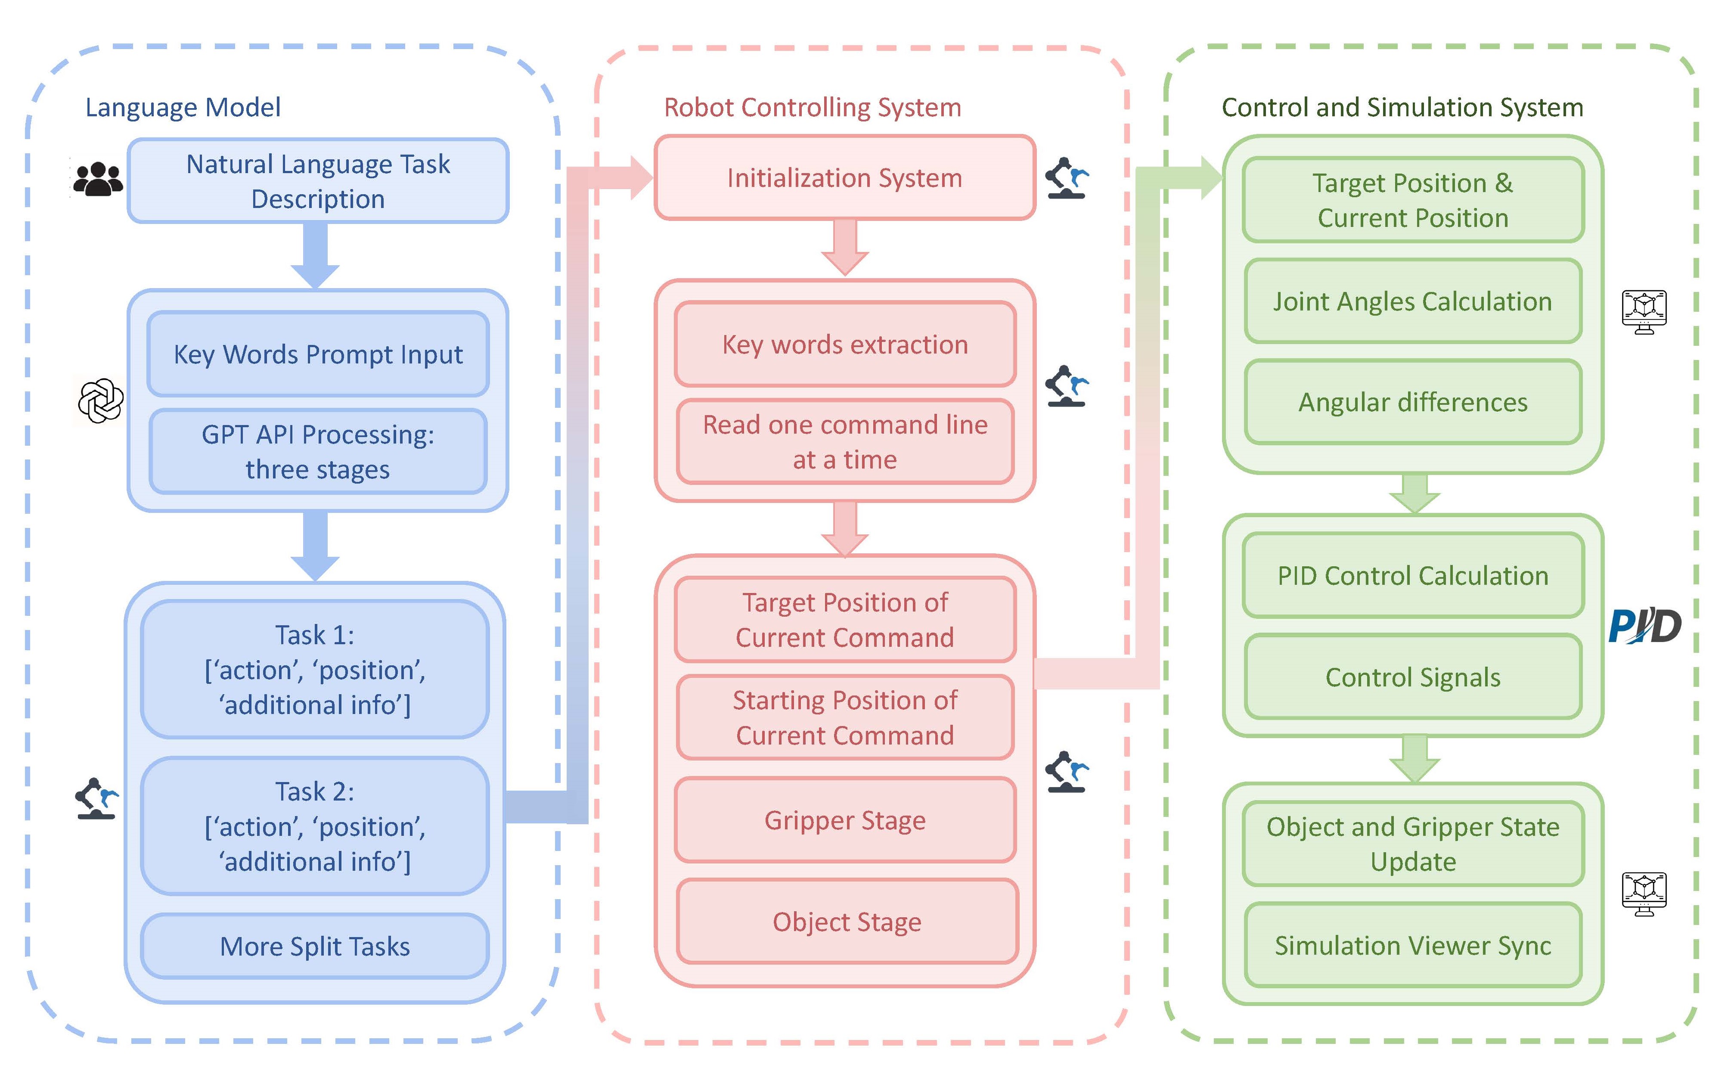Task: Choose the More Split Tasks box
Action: (315, 946)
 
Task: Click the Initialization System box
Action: (844, 177)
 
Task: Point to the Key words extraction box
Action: (844, 345)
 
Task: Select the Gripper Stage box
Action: (844, 820)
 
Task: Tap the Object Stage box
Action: (847, 922)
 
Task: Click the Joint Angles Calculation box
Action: (1412, 301)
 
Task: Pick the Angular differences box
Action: (1412, 402)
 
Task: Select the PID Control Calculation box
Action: (1412, 575)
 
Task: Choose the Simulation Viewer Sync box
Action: (1412, 945)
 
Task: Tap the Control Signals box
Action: (1412, 677)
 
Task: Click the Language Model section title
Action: (183, 107)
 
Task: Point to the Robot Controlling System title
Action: (813, 107)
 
